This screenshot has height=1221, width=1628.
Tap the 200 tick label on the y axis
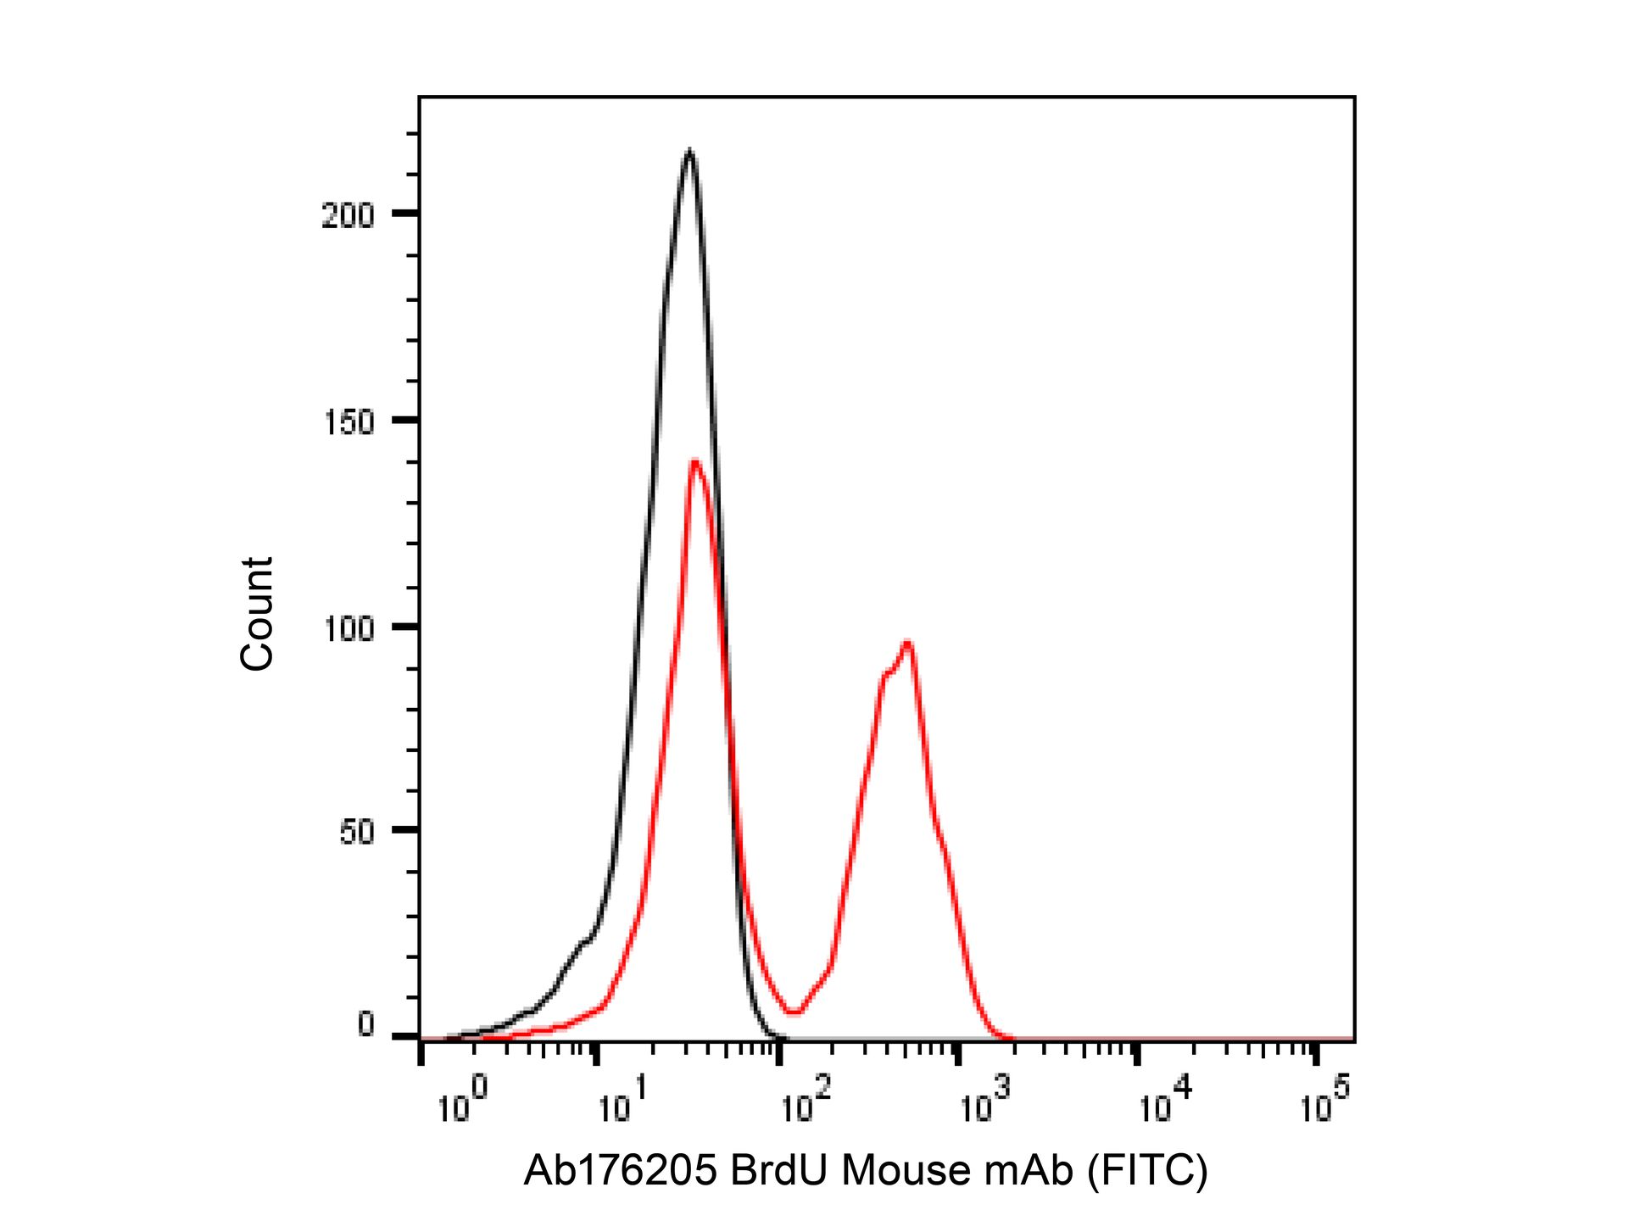pos(348,216)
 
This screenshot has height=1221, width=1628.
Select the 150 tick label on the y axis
pos(348,422)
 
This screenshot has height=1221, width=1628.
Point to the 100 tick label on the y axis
pos(348,629)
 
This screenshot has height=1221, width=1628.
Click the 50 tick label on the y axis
pos(356,833)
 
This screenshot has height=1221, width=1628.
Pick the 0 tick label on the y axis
pos(365,1025)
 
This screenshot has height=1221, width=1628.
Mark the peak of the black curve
pos(689,152)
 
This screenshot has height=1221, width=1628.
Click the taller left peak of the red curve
pos(695,462)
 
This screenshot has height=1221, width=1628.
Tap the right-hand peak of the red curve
pos(907,643)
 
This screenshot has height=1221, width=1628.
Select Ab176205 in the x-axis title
pos(621,1171)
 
